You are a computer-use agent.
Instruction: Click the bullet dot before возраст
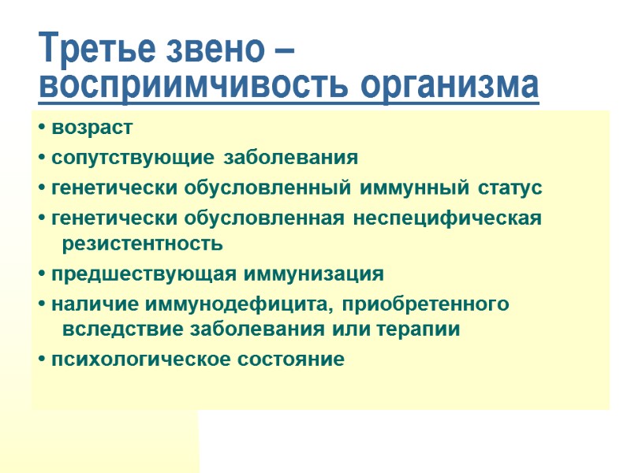coord(41,128)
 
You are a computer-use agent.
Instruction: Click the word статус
coord(510,188)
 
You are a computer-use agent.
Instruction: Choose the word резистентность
coord(142,244)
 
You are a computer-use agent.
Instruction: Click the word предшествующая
coord(143,274)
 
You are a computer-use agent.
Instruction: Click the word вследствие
coord(112,330)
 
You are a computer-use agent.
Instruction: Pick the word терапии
coord(423,330)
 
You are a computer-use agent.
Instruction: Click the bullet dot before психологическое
coord(41,360)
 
